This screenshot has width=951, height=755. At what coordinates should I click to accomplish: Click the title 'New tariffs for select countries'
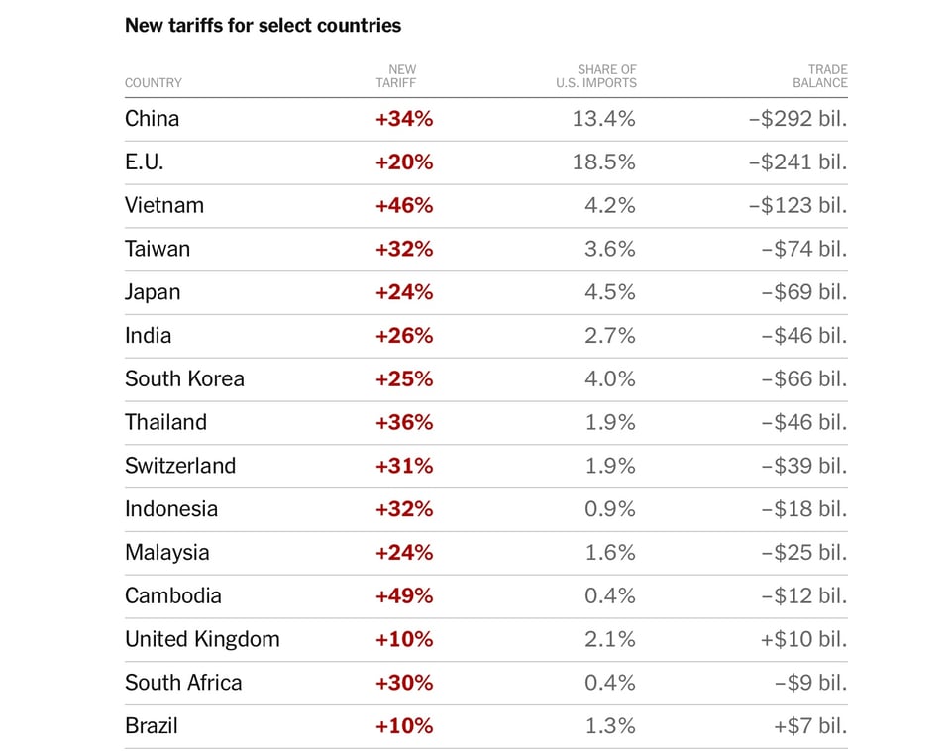[263, 25]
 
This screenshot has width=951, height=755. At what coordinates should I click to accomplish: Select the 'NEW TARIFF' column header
[402, 76]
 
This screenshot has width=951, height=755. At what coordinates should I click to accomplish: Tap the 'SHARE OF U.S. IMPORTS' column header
[596, 76]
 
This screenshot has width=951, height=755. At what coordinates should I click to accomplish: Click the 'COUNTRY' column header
[154, 83]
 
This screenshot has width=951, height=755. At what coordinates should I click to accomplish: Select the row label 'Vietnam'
[164, 205]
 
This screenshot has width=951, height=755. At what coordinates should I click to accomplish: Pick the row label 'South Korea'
[184, 378]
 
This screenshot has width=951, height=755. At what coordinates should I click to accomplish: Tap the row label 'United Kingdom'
[202, 639]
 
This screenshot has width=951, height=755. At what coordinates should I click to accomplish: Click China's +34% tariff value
[404, 119]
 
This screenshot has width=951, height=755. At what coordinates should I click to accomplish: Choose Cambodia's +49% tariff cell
[404, 595]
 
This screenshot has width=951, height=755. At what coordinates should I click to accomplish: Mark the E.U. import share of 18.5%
[603, 162]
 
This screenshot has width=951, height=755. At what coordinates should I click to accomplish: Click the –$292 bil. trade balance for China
[797, 119]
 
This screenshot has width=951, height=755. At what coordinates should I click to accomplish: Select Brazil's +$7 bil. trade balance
[810, 725]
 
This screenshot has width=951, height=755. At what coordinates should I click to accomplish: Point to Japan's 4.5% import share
[609, 292]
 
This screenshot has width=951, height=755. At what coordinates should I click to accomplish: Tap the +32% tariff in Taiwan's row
[404, 249]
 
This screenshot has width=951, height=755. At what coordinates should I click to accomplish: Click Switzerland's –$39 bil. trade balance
[803, 466]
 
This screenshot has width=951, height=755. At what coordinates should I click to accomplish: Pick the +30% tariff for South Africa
[404, 683]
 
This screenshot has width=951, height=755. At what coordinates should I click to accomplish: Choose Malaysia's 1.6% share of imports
[609, 552]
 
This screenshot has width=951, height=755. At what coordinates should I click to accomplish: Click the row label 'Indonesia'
[171, 509]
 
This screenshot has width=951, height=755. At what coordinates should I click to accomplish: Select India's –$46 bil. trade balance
[803, 335]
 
